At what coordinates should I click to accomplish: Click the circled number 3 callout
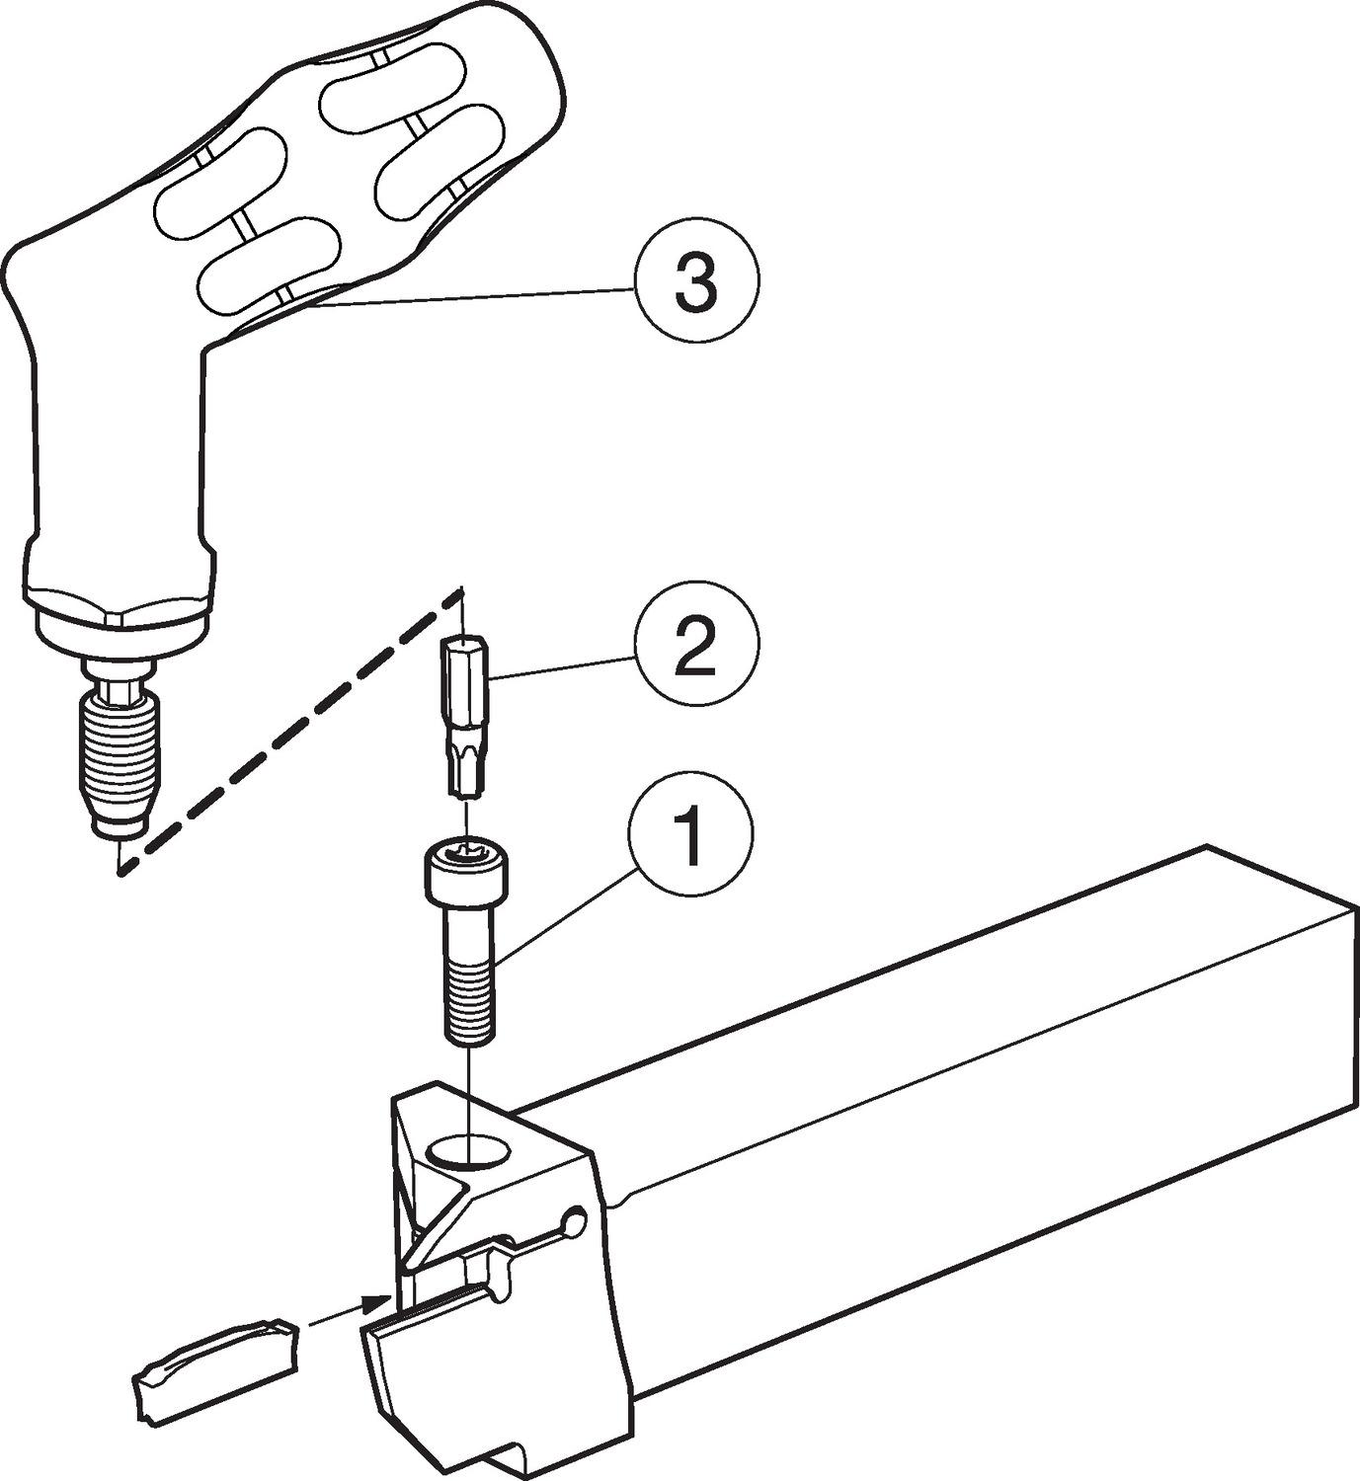pos(696,279)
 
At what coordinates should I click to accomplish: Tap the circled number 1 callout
pos(690,834)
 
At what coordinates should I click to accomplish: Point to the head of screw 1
pos(467,870)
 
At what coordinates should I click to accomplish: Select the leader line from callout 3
pos(472,297)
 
